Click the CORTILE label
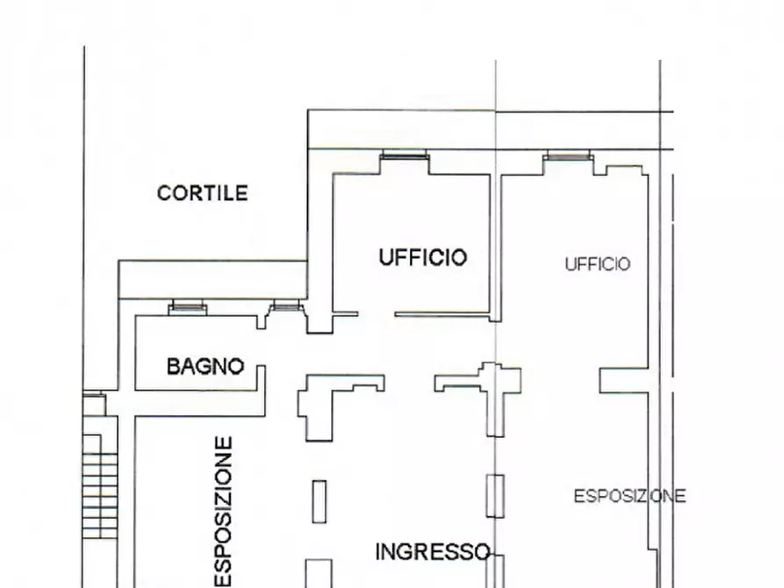point(202,193)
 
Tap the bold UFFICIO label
point(422,257)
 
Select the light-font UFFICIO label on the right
point(597,264)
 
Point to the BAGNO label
point(205,367)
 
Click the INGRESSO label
point(432,552)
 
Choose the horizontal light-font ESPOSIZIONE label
point(629,497)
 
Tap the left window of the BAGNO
point(186,306)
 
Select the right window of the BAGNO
point(285,306)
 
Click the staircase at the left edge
point(100,478)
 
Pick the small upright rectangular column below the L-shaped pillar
point(320,502)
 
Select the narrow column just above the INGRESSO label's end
point(496,497)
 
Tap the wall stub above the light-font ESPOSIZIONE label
point(623,381)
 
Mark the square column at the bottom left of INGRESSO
point(320,573)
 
